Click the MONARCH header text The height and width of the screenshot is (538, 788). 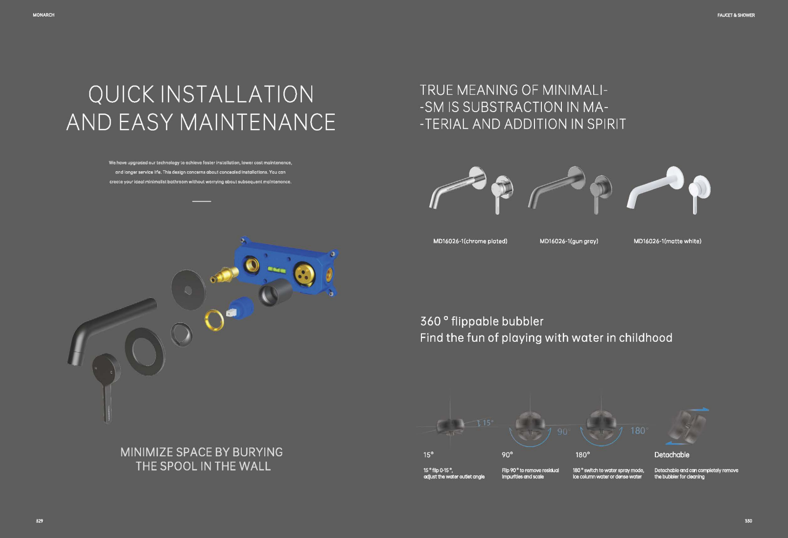click(44, 15)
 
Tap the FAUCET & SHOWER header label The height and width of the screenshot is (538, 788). click(736, 15)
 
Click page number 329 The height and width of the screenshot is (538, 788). click(39, 521)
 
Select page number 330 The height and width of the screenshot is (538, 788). click(748, 521)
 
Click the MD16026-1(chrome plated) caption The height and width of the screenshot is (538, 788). click(470, 241)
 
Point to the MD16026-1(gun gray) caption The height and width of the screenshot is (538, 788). click(569, 241)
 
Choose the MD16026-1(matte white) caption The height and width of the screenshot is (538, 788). click(667, 241)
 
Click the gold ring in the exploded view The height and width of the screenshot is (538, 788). click(214, 320)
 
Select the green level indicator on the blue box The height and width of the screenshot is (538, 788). click(277, 270)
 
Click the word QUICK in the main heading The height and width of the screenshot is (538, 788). click(121, 94)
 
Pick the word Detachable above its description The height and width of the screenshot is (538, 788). click(672, 455)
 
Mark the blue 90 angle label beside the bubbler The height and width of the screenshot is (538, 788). click(562, 431)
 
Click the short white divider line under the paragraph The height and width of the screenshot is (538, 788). click(202, 201)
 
